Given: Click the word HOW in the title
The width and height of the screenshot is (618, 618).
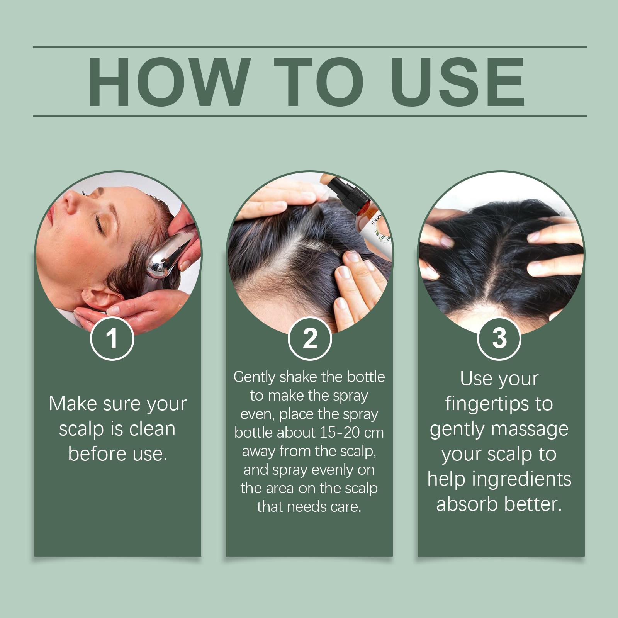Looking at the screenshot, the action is (x=167, y=82).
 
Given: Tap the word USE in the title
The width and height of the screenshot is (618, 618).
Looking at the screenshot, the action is (x=460, y=82).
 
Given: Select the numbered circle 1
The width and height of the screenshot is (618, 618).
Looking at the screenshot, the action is (x=112, y=338).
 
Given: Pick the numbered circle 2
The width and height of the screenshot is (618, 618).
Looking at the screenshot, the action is (x=310, y=338).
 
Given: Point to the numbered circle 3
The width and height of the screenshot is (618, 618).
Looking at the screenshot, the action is (x=499, y=338).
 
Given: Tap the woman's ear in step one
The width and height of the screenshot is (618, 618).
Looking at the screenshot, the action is (x=101, y=297).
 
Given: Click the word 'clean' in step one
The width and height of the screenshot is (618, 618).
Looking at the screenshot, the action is (x=152, y=429).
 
